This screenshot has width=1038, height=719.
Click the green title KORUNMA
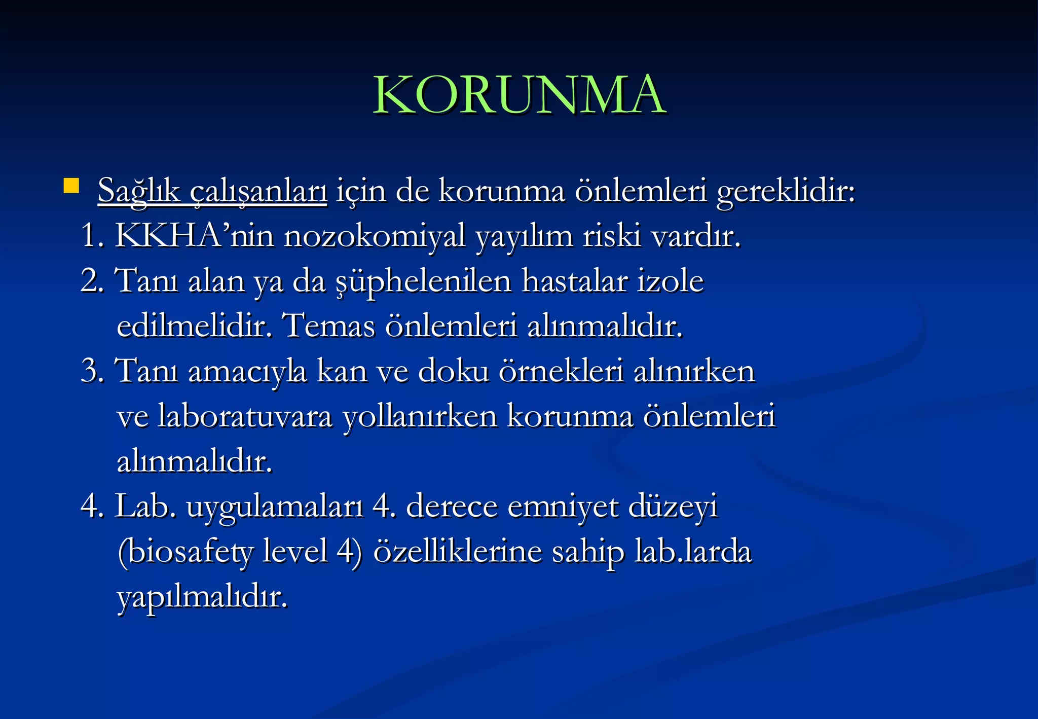click(519, 95)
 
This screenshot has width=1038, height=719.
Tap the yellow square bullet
click(71, 186)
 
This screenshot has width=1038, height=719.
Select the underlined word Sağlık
click(138, 191)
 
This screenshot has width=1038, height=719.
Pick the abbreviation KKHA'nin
click(194, 236)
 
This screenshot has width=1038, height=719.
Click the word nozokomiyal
click(374, 237)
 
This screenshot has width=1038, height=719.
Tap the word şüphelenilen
click(424, 282)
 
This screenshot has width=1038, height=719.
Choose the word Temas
click(328, 325)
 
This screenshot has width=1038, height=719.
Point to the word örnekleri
click(561, 371)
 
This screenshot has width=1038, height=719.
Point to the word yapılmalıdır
click(202, 597)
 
